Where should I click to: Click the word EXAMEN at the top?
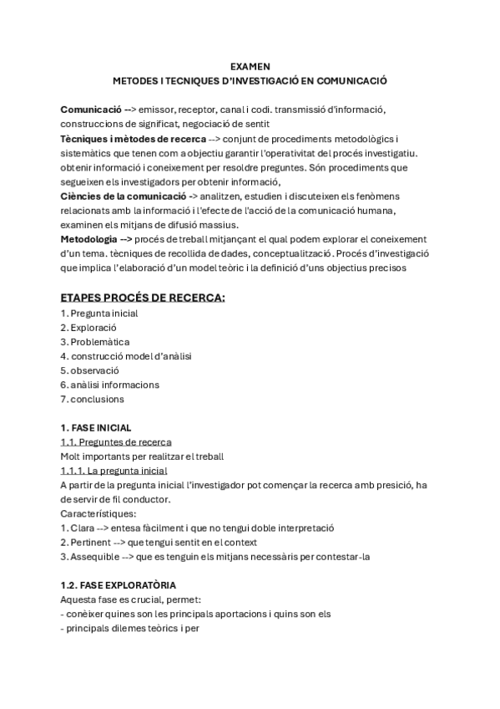click(x=250, y=67)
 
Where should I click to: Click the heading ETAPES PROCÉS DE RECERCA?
click(x=143, y=298)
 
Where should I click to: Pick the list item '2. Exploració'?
click(x=88, y=327)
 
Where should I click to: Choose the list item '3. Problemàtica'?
click(x=94, y=341)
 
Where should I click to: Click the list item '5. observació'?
click(x=90, y=370)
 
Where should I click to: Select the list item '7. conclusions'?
click(x=92, y=399)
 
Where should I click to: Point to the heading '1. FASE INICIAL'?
click(x=95, y=427)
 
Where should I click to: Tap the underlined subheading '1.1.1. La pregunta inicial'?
click(x=114, y=471)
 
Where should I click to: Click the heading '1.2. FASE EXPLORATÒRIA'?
click(x=118, y=585)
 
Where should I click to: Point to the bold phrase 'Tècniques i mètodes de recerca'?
click(x=134, y=138)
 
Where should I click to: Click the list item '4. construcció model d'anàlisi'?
click(x=126, y=355)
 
